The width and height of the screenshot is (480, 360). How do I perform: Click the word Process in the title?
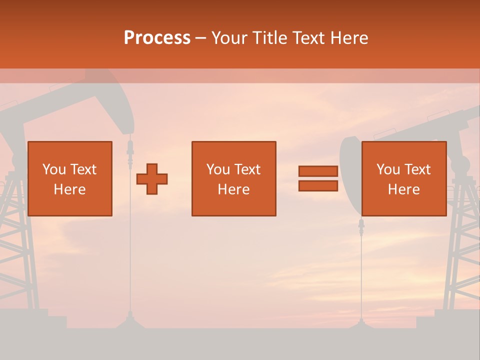pyautogui.click(x=157, y=38)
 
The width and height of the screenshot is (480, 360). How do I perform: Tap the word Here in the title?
pyautogui.click(x=348, y=38)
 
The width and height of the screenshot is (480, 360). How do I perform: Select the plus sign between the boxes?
pyautogui.click(x=152, y=179)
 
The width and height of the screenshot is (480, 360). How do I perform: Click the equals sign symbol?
pyautogui.click(x=318, y=178)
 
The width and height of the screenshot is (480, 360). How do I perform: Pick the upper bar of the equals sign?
pyautogui.click(x=318, y=171)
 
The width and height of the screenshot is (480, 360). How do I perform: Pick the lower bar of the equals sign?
pyautogui.click(x=318, y=185)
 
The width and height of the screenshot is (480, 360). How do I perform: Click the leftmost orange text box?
pyautogui.click(x=69, y=178)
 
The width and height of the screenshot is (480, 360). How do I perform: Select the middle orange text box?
pyautogui.click(x=233, y=178)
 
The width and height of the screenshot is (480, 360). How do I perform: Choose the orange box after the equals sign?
pyautogui.click(x=403, y=178)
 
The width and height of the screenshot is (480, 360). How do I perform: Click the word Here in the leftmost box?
pyautogui.click(x=69, y=189)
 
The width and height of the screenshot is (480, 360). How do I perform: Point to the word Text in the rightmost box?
pyautogui.click(x=417, y=169)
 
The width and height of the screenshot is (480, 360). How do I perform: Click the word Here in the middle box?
pyautogui.click(x=233, y=189)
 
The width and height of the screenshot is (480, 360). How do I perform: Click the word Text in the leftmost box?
pyautogui.click(x=83, y=169)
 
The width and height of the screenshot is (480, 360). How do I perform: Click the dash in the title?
pyautogui.click(x=201, y=38)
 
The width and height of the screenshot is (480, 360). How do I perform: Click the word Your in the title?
pyautogui.click(x=229, y=38)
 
